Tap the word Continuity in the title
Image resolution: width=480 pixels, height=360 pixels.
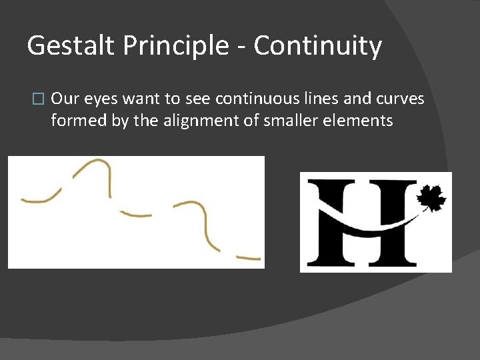coord(318,47)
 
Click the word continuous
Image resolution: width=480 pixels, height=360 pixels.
coord(249,99)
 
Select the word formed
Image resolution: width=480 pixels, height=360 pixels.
coord(73,121)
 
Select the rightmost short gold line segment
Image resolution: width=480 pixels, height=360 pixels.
coord(249,257)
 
